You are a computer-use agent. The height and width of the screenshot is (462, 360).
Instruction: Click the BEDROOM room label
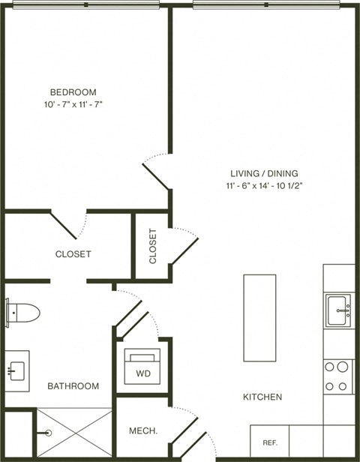click(73, 92)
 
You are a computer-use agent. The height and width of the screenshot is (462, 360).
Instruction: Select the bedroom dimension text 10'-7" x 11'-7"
click(73, 105)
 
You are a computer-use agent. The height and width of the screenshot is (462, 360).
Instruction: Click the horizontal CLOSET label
click(73, 254)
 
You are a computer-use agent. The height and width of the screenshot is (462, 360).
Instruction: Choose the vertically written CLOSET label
click(153, 246)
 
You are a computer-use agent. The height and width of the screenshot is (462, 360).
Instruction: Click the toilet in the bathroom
click(22, 312)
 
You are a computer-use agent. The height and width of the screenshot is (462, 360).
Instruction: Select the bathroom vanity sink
click(16, 370)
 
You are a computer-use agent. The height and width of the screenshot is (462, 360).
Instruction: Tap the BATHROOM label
click(73, 386)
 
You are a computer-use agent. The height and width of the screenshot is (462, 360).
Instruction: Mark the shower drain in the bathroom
click(47, 433)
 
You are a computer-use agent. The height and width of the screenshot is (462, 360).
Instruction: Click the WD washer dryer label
click(142, 373)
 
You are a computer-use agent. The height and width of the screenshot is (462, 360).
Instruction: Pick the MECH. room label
click(142, 431)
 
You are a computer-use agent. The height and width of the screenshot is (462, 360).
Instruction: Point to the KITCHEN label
click(262, 397)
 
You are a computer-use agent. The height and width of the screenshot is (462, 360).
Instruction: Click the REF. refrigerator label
click(270, 443)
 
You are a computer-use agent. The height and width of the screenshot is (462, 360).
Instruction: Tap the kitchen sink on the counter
click(338, 310)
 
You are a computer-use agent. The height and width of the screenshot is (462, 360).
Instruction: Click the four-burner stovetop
click(337, 376)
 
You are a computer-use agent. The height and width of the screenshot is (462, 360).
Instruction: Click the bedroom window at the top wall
click(85, 4)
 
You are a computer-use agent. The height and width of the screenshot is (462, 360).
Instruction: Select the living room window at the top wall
click(265, 4)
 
